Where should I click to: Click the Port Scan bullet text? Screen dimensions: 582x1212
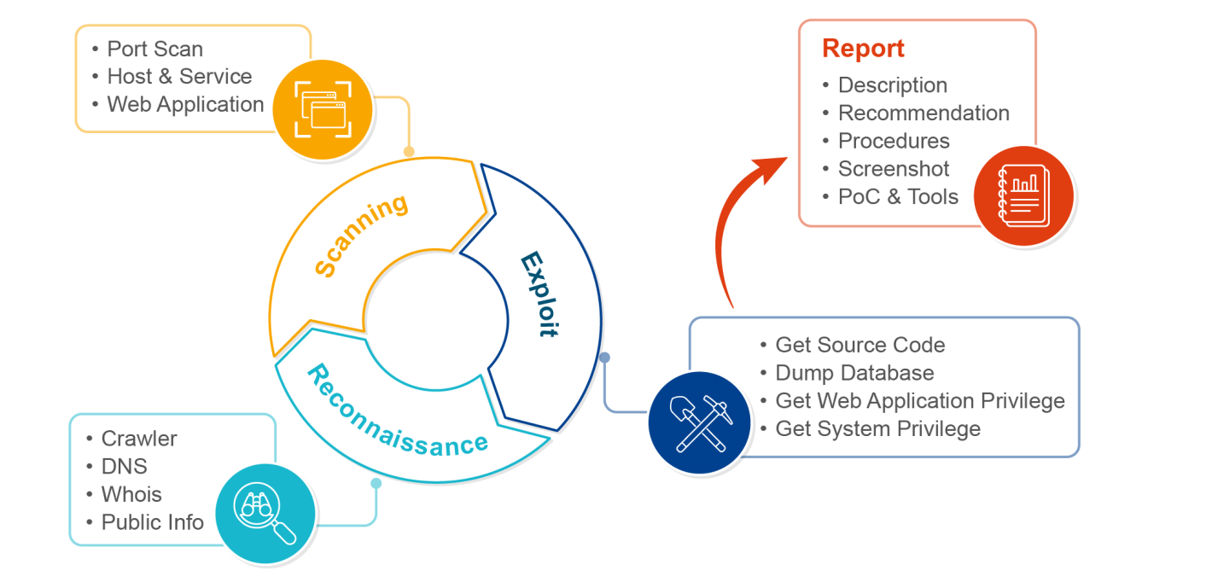(x=154, y=49)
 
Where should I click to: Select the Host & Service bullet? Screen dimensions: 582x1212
(x=179, y=76)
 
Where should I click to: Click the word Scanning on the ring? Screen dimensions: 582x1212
(x=360, y=236)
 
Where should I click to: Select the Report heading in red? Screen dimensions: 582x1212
(x=863, y=49)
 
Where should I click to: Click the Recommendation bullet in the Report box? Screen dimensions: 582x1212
(x=923, y=113)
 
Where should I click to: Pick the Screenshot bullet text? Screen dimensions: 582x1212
(x=893, y=169)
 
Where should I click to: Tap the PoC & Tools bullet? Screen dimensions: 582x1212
(x=898, y=196)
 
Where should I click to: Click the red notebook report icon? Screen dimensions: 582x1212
(x=1023, y=195)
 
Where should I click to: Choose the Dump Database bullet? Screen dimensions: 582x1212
(x=854, y=373)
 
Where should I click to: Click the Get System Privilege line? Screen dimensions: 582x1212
(x=877, y=428)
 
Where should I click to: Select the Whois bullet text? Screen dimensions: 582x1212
(x=131, y=494)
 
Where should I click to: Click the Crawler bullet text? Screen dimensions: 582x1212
(x=139, y=439)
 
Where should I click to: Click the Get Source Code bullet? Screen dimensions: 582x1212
(x=859, y=345)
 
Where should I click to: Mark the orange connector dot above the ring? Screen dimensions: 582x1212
(x=409, y=152)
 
